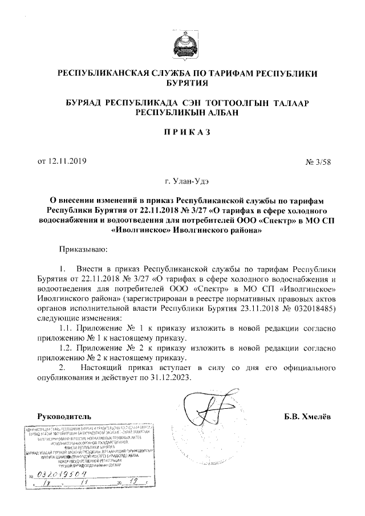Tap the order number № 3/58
318,161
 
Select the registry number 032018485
318,308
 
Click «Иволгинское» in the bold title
130,231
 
